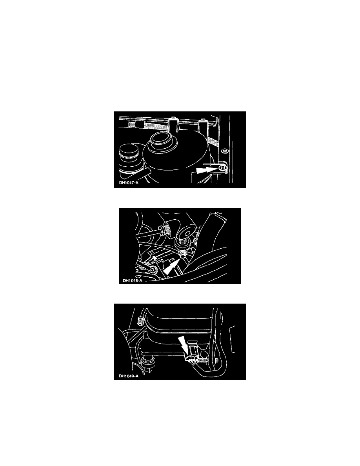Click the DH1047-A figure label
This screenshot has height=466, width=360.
129,182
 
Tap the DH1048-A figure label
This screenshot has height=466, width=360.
133,280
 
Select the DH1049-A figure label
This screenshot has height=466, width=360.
129,376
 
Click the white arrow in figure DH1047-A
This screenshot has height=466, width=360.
206,170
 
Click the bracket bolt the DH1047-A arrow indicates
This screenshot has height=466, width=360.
222,169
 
